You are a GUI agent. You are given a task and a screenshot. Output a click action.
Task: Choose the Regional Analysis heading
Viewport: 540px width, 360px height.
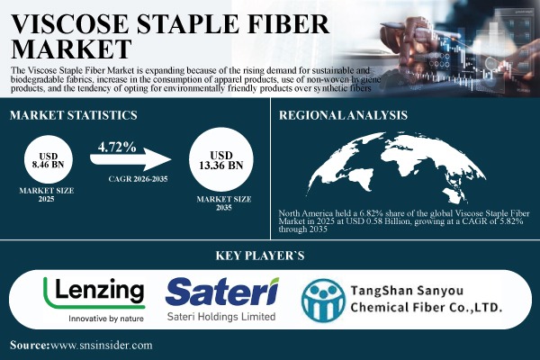pyautogui.click(x=343, y=115)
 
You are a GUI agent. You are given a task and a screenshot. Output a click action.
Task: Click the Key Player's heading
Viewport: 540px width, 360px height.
pyautogui.click(x=270, y=256)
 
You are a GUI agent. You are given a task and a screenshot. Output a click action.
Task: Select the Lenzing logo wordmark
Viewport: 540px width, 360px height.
pyautogui.click(x=94, y=291)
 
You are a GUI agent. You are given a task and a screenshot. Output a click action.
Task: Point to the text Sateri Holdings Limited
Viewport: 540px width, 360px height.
pyautogui.click(x=220, y=318)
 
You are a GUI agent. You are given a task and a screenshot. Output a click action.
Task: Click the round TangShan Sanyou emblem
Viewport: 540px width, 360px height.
pyautogui.click(x=325, y=301)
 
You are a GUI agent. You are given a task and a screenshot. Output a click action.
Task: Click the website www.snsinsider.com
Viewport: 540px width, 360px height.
pyautogui.click(x=102, y=345)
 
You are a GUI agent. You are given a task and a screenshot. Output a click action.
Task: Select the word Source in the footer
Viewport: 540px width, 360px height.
pyautogui.click(x=29, y=345)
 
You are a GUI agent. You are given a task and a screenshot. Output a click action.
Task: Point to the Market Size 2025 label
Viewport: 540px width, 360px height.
pyautogui.click(x=47, y=195)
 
